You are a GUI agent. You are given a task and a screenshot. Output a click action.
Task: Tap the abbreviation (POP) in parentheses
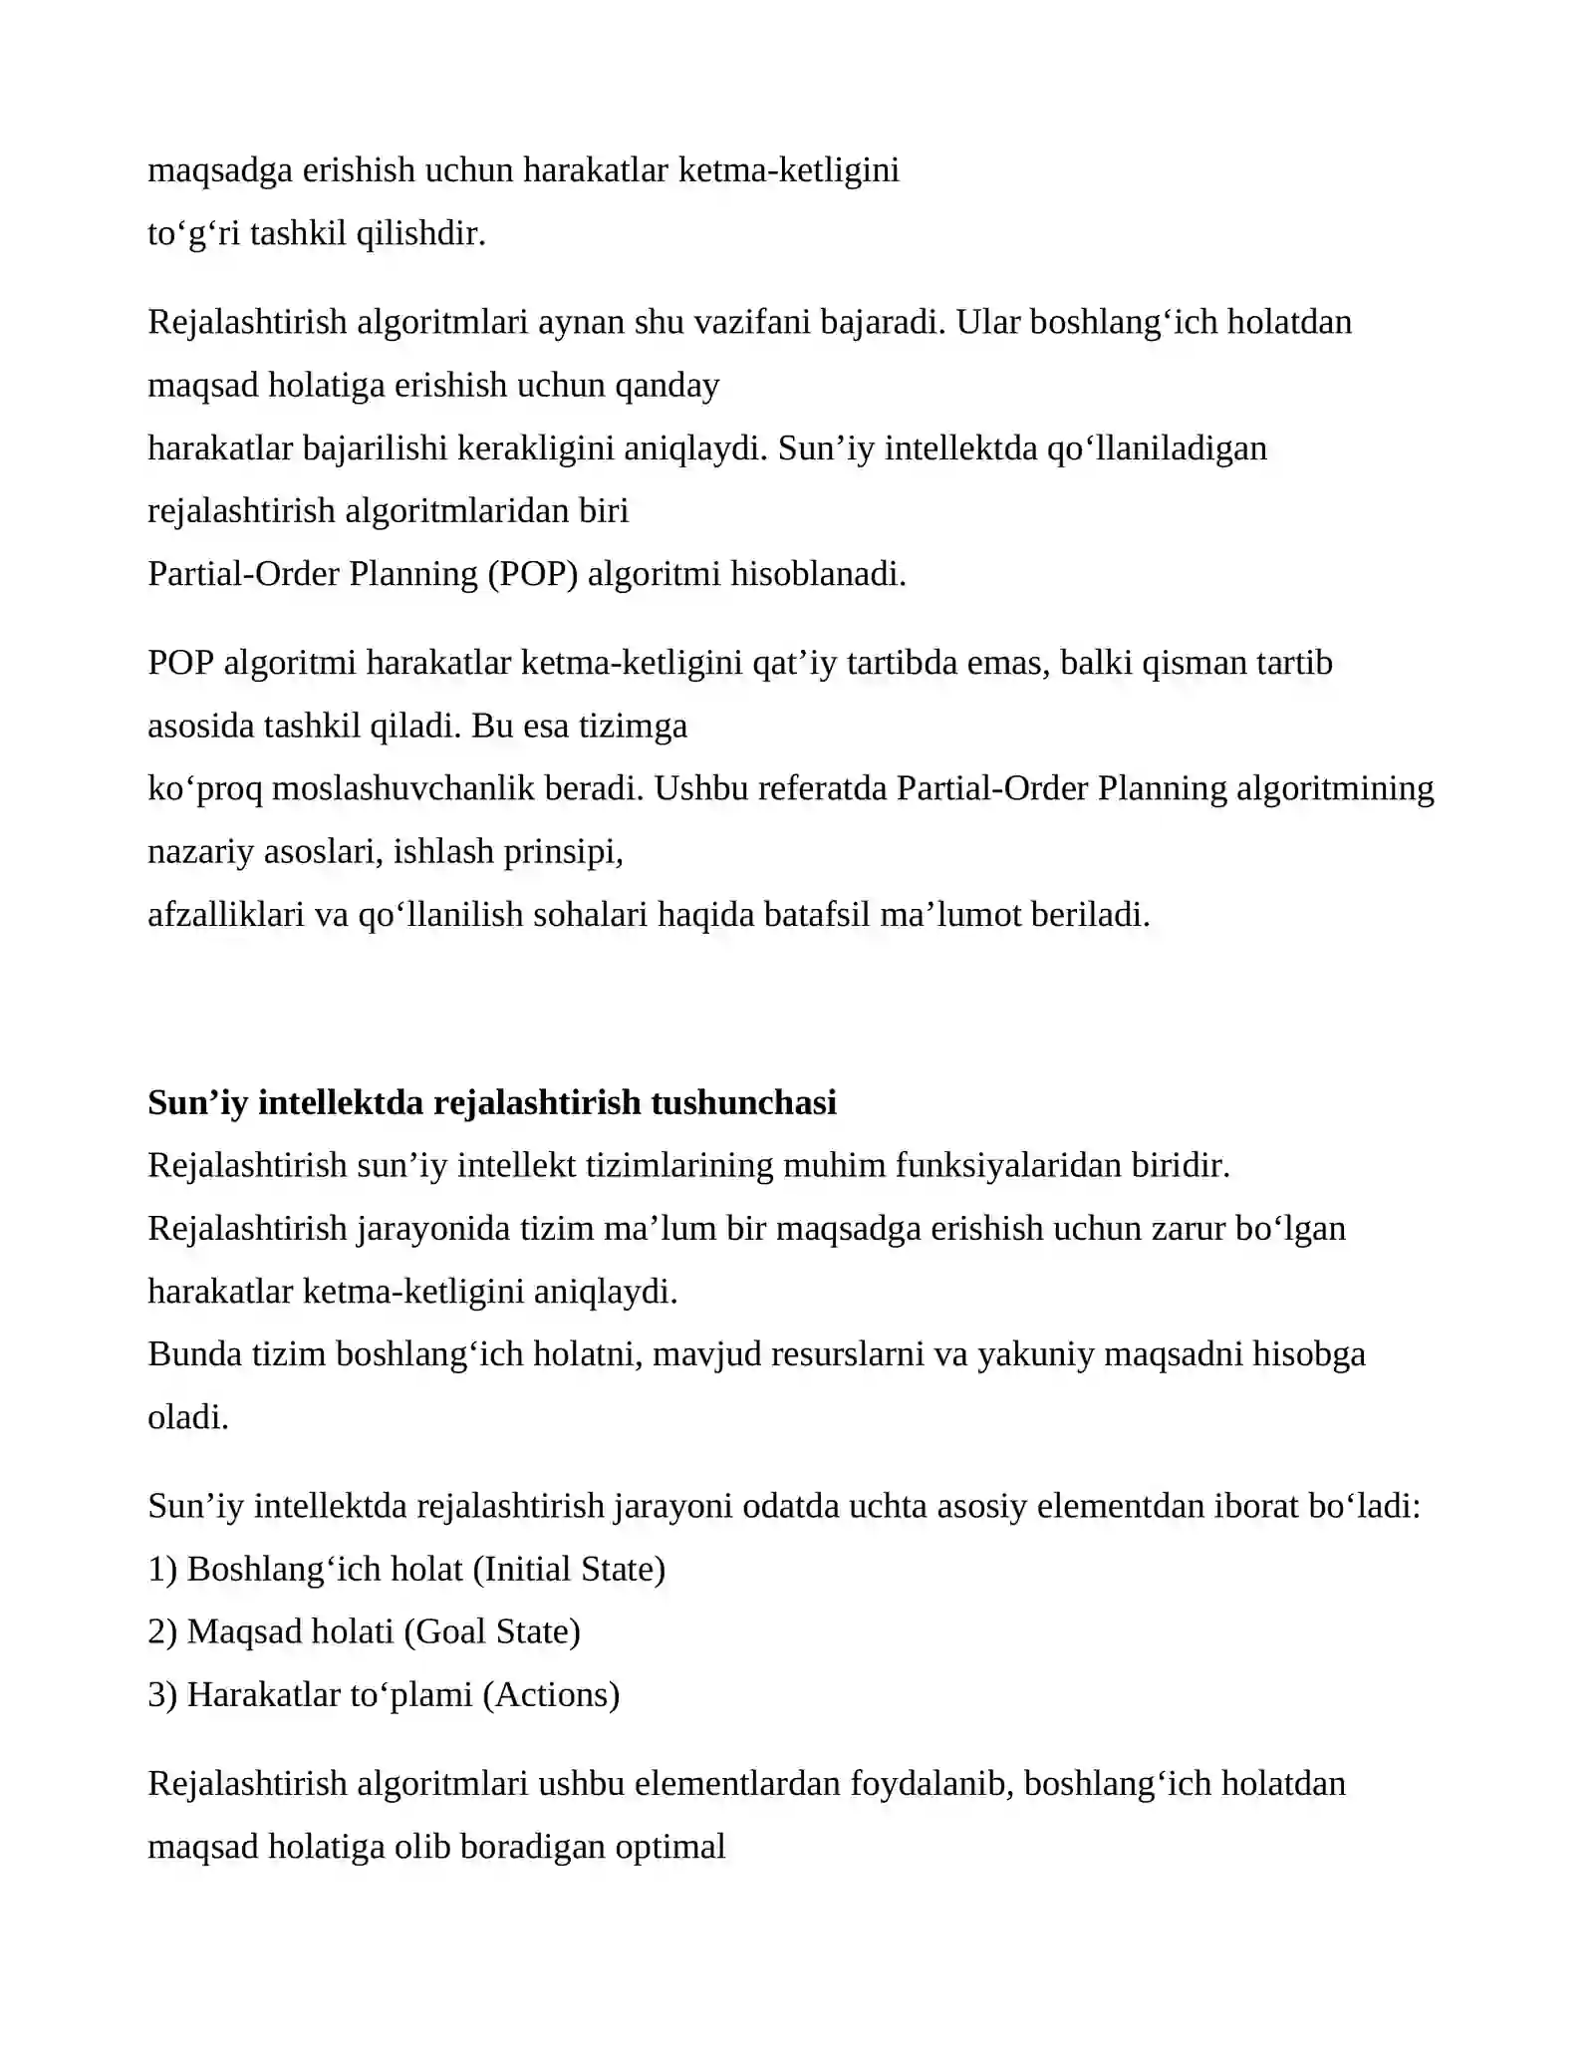coord(533,574)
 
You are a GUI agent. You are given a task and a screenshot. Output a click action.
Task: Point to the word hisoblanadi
coord(818,574)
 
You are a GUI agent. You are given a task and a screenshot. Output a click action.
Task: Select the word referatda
coord(822,788)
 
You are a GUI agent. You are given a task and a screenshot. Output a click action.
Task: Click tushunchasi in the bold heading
coord(743,1103)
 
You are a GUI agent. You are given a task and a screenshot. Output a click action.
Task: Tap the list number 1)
coord(162,1570)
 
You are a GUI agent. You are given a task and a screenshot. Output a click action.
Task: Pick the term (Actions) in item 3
coord(551,1695)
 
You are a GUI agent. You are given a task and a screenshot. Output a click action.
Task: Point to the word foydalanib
coord(931,1784)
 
